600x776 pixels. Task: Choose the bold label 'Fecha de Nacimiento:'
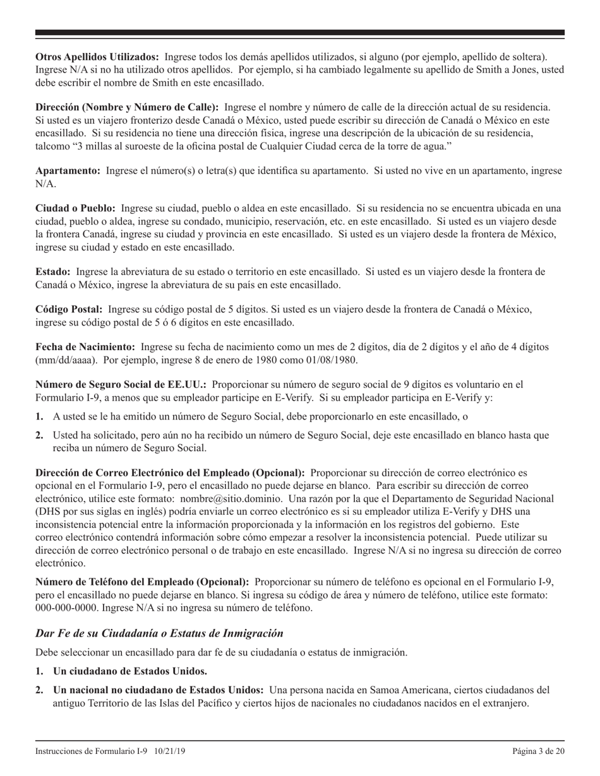85,347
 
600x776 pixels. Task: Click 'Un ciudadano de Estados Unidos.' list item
130,670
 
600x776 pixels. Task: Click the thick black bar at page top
300,33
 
